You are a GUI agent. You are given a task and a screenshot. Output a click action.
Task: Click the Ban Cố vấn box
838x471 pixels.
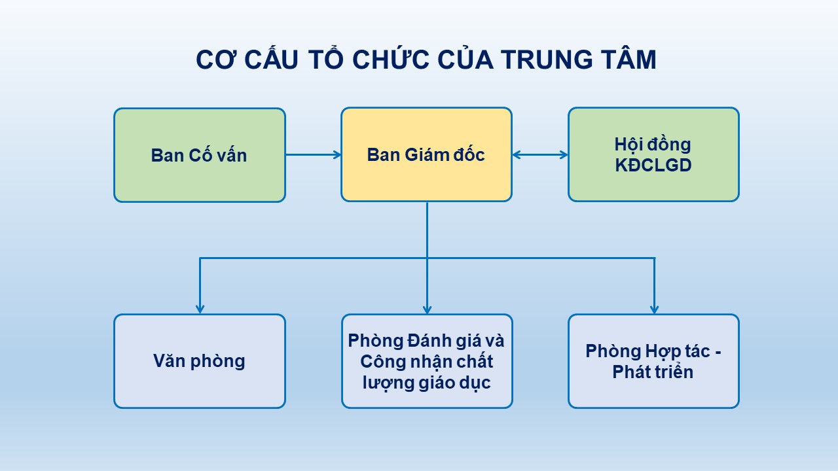point(200,155)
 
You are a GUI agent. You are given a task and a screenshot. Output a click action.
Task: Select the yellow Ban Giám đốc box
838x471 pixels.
point(426,154)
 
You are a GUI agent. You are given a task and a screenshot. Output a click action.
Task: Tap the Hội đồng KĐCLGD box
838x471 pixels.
point(653,154)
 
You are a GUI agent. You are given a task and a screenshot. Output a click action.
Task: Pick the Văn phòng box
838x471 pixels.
point(200,361)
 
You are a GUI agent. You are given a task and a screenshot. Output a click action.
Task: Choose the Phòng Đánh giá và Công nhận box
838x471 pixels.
point(427,361)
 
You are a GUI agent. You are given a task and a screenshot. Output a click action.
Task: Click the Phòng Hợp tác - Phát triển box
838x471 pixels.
point(653,361)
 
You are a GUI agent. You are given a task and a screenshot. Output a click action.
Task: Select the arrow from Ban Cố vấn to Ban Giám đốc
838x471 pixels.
point(314,155)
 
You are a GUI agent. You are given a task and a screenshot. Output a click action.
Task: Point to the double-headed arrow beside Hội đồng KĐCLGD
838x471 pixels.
point(540,155)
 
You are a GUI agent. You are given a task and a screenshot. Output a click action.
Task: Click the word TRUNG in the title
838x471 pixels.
point(547,60)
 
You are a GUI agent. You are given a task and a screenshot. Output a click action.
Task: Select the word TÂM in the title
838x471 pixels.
point(629,59)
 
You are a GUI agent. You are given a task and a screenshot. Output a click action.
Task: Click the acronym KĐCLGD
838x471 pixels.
point(653,166)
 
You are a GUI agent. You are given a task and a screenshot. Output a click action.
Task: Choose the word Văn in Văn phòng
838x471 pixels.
point(169,360)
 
